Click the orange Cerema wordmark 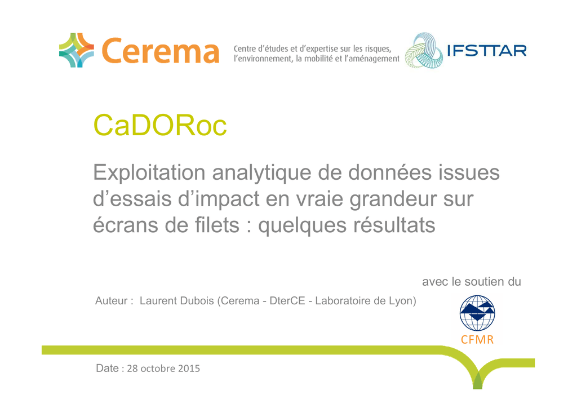click(161, 51)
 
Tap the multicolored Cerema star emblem click(77, 50)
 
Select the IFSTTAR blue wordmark click(486, 51)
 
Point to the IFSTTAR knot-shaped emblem click(424, 51)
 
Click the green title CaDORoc click(159, 126)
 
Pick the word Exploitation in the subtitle click(149, 172)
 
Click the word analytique click(261, 172)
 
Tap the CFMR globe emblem click(477, 313)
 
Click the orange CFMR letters click(477, 339)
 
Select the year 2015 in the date click(189, 368)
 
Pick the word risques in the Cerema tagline click(378, 49)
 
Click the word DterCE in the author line click(287, 300)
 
